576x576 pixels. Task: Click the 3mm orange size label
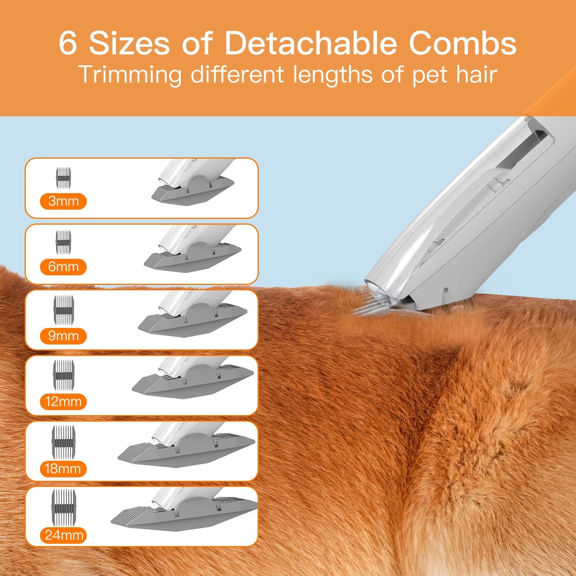pos(63,201)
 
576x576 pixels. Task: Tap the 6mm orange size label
pos(63,267)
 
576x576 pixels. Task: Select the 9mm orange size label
pos(63,336)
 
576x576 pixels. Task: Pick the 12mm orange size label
pos(63,402)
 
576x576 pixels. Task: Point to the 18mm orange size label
pos(63,469)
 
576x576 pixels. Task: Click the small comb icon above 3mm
pos(64,178)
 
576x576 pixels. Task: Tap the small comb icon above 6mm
pos(64,242)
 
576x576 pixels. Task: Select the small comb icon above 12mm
pos(64,373)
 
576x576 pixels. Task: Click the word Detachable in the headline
pos(310,43)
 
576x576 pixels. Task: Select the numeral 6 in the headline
pos(68,43)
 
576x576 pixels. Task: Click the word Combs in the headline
pos(463,43)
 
